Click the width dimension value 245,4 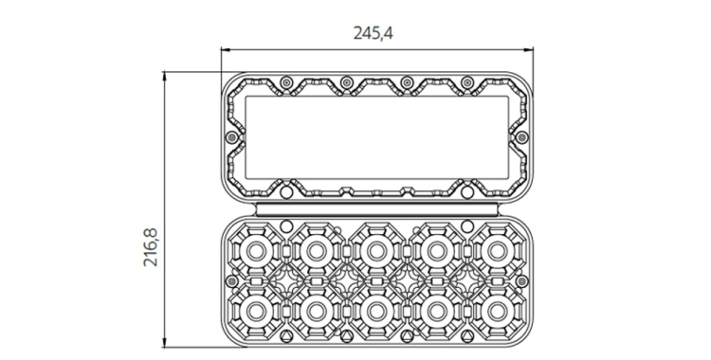click(x=373, y=33)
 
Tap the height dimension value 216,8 click(x=151, y=247)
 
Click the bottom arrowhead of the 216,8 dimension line click(x=165, y=343)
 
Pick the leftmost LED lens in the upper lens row click(x=256, y=251)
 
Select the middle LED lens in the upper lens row click(x=376, y=251)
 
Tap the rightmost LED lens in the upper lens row click(x=497, y=251)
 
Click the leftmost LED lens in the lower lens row click(x=256, y=311)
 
